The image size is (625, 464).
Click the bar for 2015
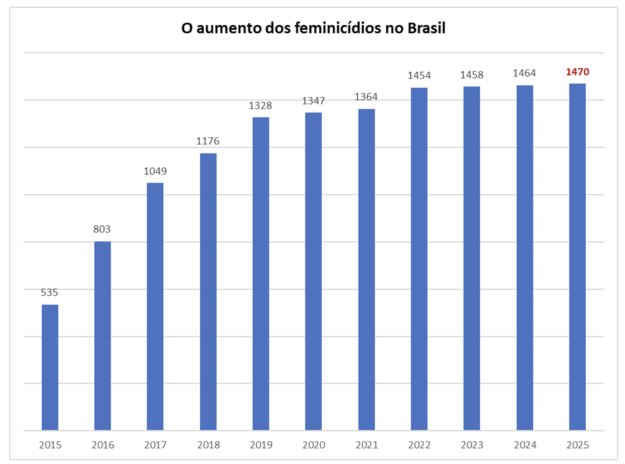pyautogui.click(x=50, y=367)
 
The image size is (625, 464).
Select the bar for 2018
pyautogui.click(x=208, y=292)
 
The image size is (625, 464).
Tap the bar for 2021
pyautogui.click(x=366, y=269)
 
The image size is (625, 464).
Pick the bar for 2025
pyautogui.click(x=577, y=257)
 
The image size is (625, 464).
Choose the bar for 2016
pyautogui.click(x=103, y=336)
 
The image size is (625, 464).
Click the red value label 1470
pyautogui.click(x=577, y=72)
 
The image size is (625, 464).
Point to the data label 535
pyautogui.click(x=49, y=292)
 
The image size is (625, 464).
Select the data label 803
pyautogui.click(x=102, y=229)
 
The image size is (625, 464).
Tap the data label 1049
pyautogui.click(x=155, y=171)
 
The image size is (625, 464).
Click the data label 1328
pyautogui.click(x=260, y=105)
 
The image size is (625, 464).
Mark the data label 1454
pyautogui.click(x=419, y=75)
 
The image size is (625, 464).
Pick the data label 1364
pyautogui.click(x=366, y=97)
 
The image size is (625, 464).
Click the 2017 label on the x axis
pyautogui.click(x=155, y=445)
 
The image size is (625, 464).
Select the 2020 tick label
pyautogui.click(x=313, y=445)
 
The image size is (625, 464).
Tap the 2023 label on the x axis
pyautogui.click(x=472, y=445)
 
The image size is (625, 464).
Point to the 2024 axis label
pyautogui.click(x=525, y=445)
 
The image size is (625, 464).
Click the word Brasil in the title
pyautogui.click(x=426, y=28)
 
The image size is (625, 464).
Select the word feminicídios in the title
pyautogui.click(x=338, y=28)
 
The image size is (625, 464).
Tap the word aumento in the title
pyautogui.click(x=228, y=28)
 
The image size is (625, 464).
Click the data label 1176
pyautogui.click(x=208, y=141)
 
